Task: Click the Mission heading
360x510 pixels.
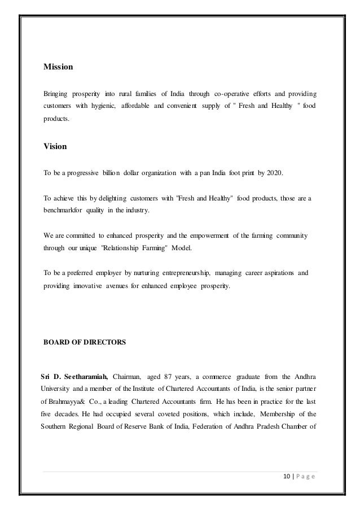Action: (58, 67)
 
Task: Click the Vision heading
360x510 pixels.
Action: (55, 147)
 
